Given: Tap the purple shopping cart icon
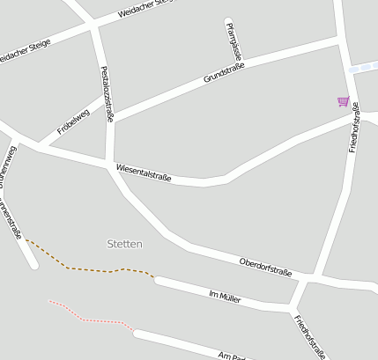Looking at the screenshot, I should click(x=343, y=101).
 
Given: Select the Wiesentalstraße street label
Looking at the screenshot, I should click(x=143, y=173).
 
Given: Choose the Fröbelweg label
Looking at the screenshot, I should click(x=73, y=121).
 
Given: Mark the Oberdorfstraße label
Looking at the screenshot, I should click(x=265, y=268).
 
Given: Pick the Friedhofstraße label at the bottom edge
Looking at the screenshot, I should click(x=309, y=337).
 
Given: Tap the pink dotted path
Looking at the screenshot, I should click(x=88, y=320).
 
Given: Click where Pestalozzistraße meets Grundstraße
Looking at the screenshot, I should click(x=111, y=120).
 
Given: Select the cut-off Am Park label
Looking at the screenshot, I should click(x=234, y=355).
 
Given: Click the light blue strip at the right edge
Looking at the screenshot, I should click(x=363, y=68).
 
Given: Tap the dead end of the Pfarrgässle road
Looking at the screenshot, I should click(x=228, y=22).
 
